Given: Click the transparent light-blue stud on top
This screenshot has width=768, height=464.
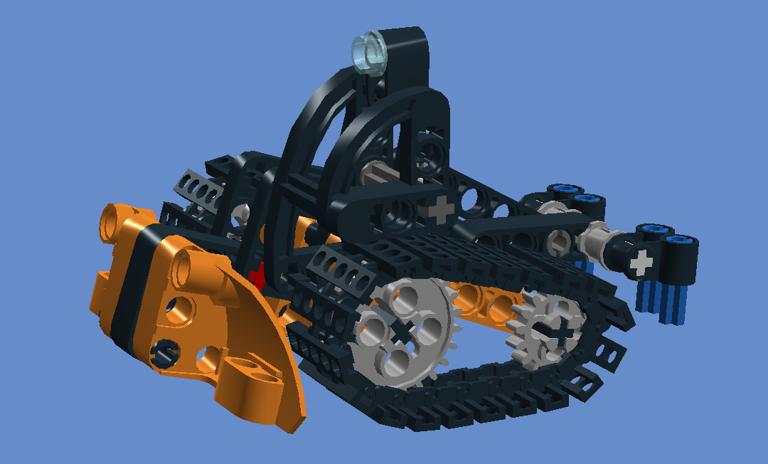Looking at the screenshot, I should coord(369,51).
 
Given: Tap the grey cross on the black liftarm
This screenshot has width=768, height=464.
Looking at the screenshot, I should coord(440,209).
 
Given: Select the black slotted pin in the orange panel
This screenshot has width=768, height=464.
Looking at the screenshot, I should coord(165,349).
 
